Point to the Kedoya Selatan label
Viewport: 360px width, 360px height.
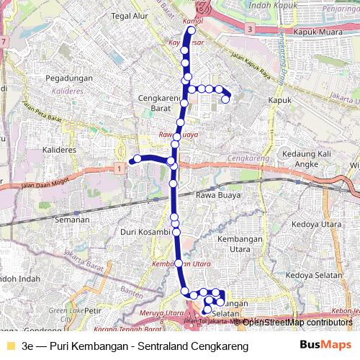(315, 274)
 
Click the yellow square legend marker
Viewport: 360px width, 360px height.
(9, 346)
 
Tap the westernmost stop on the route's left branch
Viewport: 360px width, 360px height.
(135, 159)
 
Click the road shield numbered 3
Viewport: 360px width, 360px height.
(249, 29)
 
